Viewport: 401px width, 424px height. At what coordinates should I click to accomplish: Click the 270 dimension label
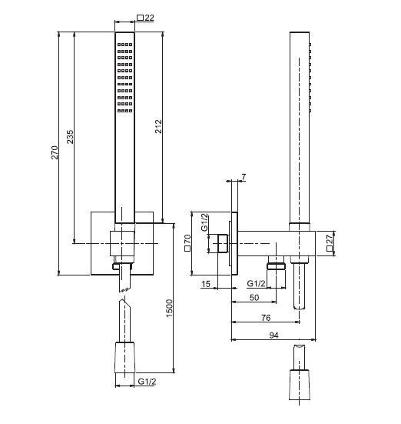point(55,152)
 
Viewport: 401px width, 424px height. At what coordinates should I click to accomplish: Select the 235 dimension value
point(70,137)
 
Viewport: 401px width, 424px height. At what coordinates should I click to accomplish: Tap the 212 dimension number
point(158,126)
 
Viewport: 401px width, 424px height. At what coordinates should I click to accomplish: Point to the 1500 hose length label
point(169,309)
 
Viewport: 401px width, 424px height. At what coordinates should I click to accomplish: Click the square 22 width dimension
point(145,18)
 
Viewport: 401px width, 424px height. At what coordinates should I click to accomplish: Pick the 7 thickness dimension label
point(244,177)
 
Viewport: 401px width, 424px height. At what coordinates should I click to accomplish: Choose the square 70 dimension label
point(187,243)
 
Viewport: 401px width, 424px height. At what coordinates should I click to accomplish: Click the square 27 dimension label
point(330,242)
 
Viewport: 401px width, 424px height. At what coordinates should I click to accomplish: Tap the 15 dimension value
point(206,284)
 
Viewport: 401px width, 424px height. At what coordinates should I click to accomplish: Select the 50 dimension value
point(254,298)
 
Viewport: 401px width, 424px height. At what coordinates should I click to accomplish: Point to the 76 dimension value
point(266,318)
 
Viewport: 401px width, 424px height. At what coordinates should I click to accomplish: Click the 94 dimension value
point(273,336)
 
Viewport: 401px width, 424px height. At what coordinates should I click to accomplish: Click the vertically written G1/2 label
point(205,222)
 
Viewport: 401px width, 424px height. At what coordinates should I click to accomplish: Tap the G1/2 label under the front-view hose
point(147,382)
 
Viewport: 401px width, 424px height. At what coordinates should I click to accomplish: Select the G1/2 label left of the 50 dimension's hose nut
point(256,284)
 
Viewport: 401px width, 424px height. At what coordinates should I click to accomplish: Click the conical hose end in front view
point(124,358)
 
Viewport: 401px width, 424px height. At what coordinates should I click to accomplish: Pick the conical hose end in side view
point(299,385)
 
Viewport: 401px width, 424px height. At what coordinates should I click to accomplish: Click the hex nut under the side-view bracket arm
point(276,266)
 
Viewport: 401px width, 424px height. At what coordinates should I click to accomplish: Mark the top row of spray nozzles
point(124,45)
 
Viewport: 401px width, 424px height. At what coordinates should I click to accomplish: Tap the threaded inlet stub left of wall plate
point(223,244)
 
